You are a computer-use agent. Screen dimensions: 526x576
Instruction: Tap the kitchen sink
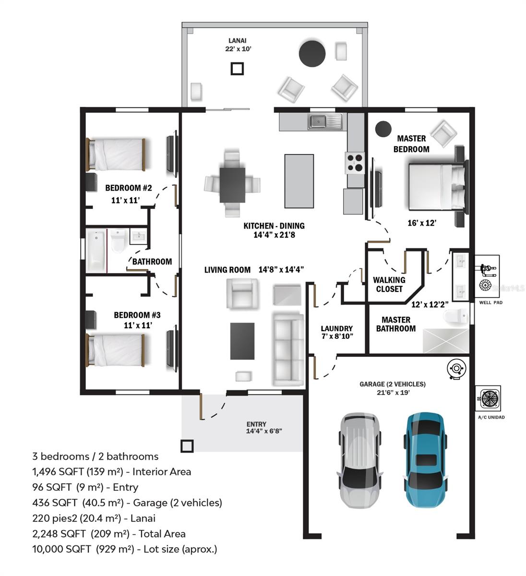(x=325, y=121)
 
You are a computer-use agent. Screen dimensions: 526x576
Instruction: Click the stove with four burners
(x=355, y=163)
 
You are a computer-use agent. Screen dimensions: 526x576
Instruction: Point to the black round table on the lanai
(x=312, y=54)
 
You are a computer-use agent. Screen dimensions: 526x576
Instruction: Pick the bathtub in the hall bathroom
(x=96, y=250)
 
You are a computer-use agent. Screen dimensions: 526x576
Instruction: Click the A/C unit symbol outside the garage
(x=488, y=398)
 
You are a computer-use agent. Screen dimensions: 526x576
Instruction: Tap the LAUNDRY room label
(x=336, y=328)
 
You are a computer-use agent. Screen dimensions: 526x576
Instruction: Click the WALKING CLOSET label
(x=389, y=284)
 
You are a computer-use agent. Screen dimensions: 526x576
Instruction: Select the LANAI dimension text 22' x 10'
(x=238, y=49)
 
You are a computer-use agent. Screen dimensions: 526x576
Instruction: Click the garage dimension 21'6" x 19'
(x=393, y=392)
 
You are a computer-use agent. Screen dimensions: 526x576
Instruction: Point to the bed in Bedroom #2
(x=116, y=155)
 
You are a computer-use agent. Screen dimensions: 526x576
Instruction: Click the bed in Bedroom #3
(x=115, y=350)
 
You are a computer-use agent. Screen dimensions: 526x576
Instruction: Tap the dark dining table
(x=232, y=185)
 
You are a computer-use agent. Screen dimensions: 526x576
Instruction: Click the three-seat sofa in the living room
(x=288, y=349)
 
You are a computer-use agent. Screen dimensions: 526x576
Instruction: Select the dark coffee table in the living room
(x=242, y=341)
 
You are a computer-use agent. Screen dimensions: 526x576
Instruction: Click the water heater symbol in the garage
(x=456, y=368)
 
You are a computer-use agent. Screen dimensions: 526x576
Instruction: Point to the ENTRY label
(x=256, y=424)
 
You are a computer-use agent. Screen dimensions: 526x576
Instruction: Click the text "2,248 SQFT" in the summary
(x=59, y=533)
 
